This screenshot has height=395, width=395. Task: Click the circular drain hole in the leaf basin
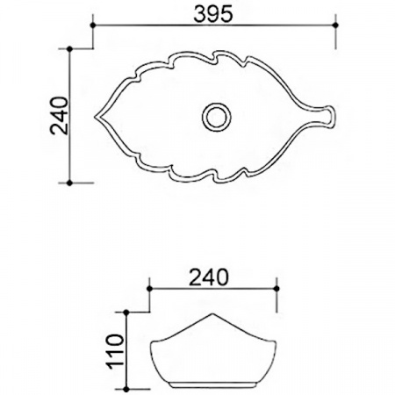coord(215,116)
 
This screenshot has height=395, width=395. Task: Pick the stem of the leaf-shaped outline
coord(323,116)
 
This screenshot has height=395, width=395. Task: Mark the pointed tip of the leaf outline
coord(97,116)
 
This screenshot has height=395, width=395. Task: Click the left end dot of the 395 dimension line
coord(94,26)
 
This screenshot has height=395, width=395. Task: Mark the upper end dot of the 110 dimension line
coord(129,312)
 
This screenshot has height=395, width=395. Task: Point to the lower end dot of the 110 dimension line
coord(129,389)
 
